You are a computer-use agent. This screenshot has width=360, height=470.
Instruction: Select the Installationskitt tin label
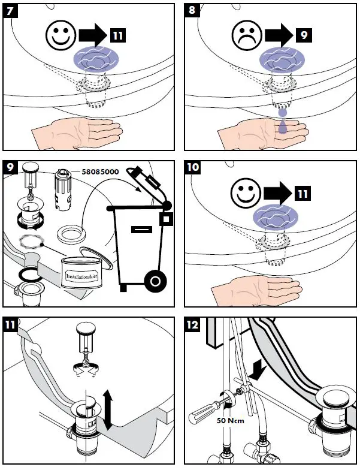click(x=81, y=277)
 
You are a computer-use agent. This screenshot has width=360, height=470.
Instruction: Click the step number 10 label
click(x=193, y=168)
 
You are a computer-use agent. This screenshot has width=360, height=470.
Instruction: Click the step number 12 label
click(x=193, y=325)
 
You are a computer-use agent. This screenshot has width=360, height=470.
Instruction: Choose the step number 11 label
click(x=11, y=325)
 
